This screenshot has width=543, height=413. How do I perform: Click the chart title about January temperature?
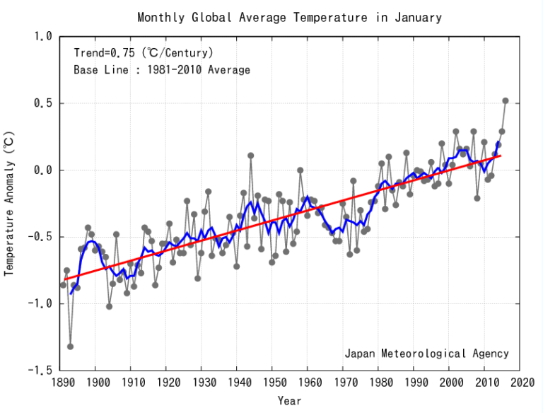[x=289, y=17]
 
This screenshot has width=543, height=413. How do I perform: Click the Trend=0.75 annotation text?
[x=144, y=52]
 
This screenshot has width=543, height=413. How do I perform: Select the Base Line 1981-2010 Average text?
[x=162, y=70]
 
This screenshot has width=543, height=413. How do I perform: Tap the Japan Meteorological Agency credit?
[x=426, y=354]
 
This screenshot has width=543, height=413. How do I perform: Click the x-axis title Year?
[x=289, y=401]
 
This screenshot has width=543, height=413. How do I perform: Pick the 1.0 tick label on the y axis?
[x=45, y=37]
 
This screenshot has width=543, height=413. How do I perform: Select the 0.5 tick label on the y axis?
[x=45, y=103]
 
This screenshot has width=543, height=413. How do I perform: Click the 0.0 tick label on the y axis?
[x=45, y=170]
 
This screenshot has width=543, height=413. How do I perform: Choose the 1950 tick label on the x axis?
[x=271, y=383]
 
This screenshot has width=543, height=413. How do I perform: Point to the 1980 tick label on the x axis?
[x=378, y=383]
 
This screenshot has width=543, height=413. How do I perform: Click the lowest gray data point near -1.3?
[x=70, y=347]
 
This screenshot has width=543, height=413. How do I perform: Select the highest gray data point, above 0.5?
[x=506, y=100]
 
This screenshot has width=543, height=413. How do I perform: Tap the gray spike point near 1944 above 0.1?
[x=250, y=156]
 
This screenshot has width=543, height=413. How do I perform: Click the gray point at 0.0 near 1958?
[x=300, y=170]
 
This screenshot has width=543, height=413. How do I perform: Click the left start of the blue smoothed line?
[x=71, y=293]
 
